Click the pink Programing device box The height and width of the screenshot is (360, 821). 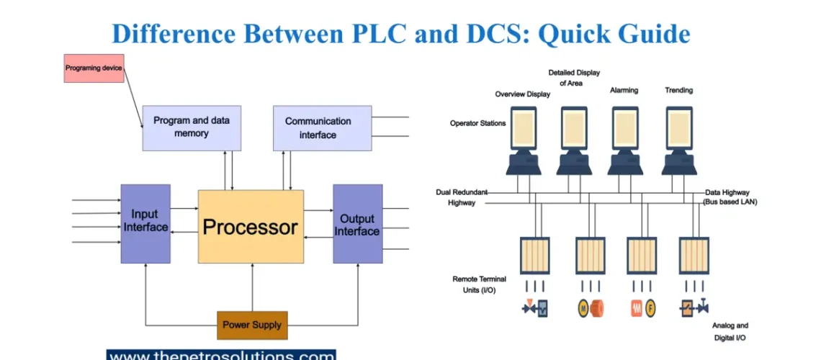pos(94,68)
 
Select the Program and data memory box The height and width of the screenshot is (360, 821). pos(191,127)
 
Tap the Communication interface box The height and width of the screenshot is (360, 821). pos(322,127)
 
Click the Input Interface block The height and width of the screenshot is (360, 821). pos(145,223)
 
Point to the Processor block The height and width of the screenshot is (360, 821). pos(250,227)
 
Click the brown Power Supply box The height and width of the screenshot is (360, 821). pos(252,325)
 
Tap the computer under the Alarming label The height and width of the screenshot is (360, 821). pos(624,140)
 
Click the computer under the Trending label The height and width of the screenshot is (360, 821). pos(678,140)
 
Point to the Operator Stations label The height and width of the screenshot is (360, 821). pos(477,123)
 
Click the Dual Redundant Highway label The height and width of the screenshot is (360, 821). pos(461,197)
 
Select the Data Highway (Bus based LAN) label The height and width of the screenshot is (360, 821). pos(730,197)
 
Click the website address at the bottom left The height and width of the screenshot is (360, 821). pos(221,355)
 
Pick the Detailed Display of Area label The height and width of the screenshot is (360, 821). pos(574,78)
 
